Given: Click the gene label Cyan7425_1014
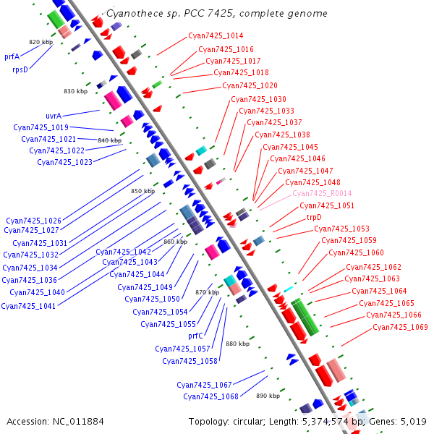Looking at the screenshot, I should pyautogui.click(x=216, y=35).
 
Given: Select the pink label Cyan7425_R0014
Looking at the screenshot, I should pyautogui.click(x=322, y=194).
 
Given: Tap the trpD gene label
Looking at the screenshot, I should pyautogui.click(x=314, y=217).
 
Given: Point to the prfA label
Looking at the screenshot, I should pyautogui.click(x=12, y=56).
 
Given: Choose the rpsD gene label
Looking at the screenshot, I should pyautogui.click(x=20, y=69).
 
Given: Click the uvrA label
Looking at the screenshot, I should pyautogui.click(x=54, y=116).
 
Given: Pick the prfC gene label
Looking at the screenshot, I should pyautogui.click(x=196, y=336).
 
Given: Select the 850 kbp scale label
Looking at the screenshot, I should pyautogui.click(x=142, y=191).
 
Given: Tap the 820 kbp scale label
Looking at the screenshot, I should pyautogui.click(x=41, y=43).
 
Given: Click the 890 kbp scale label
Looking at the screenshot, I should pyautogui.click(x=268, y=396).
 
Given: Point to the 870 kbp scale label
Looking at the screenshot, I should pyautogui.click(x=207, y=292).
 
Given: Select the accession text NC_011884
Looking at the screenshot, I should pyautogui.click(x=80, y=421).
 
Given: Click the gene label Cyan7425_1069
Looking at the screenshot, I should pyautogui.click(x=400, y=327).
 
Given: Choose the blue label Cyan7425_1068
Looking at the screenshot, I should pyautogui.click(x=210, y=396).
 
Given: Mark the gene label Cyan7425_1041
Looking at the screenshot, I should pyautogui.click(x=28, y=305).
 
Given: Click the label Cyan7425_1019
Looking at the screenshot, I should pyautogui.click(x=41, y=127).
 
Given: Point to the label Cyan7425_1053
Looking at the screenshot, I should pyautogui.click(x=341, y=229).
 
